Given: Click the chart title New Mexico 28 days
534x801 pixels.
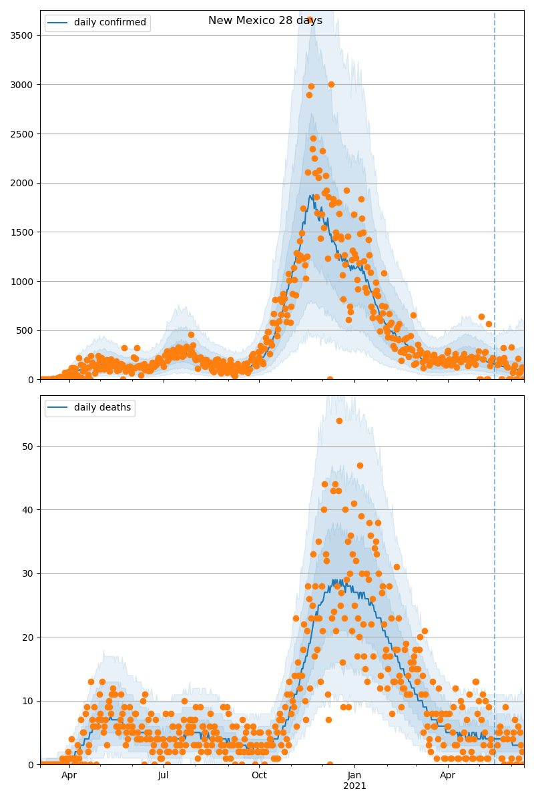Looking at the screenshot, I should (265, 21).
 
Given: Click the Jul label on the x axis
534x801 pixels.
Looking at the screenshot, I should (164, 776).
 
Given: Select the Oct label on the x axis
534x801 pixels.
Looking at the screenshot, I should (259, 776).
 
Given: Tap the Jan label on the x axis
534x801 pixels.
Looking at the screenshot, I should (354, 776).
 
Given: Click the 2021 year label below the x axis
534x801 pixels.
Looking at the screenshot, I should (354, 786).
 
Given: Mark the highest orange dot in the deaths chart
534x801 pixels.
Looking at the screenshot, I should (339, 421).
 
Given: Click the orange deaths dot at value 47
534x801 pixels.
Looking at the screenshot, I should (360, 465).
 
